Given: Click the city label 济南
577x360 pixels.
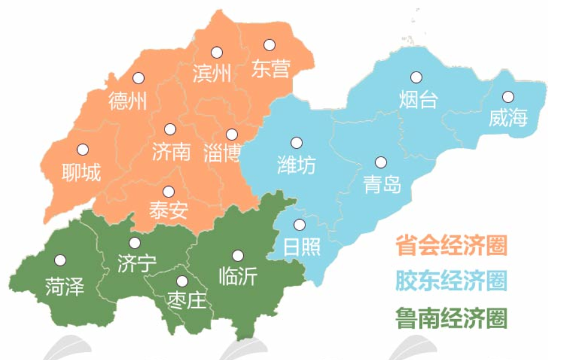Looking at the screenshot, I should (x=171, y=151).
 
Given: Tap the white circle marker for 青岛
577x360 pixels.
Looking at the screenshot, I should (x=381, y=163).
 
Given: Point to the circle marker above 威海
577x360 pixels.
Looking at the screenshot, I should (x=508, y=97).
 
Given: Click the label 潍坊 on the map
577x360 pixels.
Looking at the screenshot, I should (x=296, y=164).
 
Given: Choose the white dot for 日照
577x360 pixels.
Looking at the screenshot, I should (x=299, y=225).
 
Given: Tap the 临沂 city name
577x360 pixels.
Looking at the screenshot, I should (x=239, y=276).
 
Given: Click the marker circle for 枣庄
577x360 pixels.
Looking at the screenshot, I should (x=182, y=281).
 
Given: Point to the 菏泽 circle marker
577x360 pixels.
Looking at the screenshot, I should (x=60, y=261).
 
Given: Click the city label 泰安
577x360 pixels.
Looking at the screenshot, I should (x=169, y=211).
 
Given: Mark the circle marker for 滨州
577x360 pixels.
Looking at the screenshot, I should (x=216, y=52).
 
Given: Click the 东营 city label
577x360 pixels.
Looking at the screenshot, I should (x=270, y=68).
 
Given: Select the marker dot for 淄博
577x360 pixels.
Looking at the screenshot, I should (x=232, y=134).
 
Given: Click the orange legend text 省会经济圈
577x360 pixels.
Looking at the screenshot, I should (x=451, y=245).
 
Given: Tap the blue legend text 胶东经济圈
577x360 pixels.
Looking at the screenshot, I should (x=451, y=281).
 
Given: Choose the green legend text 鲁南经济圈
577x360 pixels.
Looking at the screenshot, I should (x=451, y=317).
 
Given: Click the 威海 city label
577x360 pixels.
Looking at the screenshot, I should (x=508, y=118).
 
